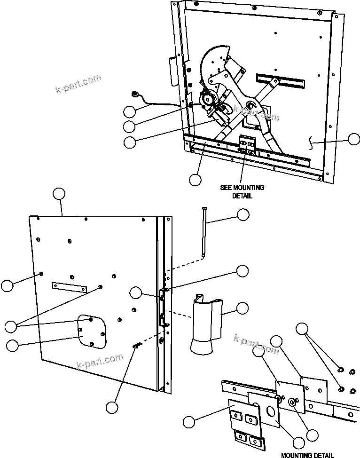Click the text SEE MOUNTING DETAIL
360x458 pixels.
pyautogui.click(x=242, y=191)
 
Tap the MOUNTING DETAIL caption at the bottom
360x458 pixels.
pyautogui.click(x=307, y=454)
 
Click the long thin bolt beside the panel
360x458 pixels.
pyautogui.click(x=204, y=232)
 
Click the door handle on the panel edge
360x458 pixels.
pyautogui.click(x=164, y=308)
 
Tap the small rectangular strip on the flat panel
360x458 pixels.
pyautogui.click(x=70, y=287)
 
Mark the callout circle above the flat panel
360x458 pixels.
pyautogui.click(x=59, y=194)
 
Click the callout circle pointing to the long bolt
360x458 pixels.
pyautogui.click(x=243, y=215)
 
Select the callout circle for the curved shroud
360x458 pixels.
pyautogui.click(x=243, y=308)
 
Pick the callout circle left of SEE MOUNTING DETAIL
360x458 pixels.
pyautogui.click(x=195, y=179)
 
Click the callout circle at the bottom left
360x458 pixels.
pyautogui.click(x=111, y=407)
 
